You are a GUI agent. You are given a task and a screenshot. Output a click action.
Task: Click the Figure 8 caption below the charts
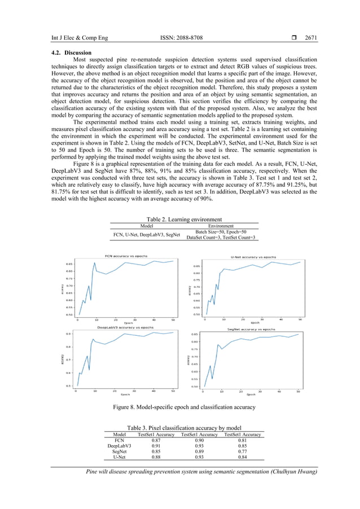coord(183,407)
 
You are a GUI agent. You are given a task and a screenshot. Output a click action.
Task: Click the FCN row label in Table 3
coord(120,440)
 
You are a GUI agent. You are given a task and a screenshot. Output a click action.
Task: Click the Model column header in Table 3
coord(120,435)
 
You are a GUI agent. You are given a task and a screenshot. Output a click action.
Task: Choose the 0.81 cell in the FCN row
coord(242,440)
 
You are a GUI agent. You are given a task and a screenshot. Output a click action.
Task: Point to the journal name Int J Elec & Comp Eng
coord(78,38)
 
